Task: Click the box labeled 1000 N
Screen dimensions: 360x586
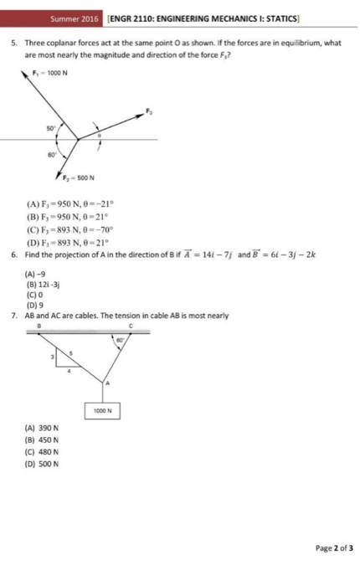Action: (x=105, y=411)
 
